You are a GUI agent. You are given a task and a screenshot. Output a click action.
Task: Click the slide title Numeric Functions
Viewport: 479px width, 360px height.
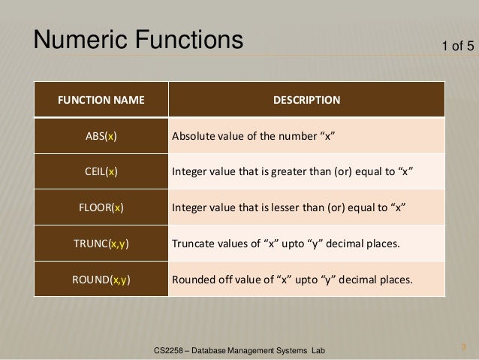point(137,40)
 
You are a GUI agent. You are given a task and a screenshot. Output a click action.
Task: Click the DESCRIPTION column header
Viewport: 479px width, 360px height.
point(306,99)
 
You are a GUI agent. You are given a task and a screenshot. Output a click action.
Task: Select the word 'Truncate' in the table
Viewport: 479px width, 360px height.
point(195,244)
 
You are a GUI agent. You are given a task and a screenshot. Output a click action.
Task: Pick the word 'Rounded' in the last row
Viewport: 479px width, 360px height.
point(194,280)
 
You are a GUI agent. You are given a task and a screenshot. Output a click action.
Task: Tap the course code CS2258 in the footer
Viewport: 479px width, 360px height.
point(167,350)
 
